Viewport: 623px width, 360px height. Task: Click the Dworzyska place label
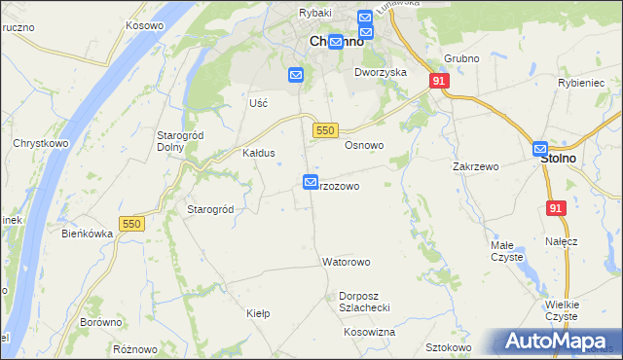pyautogui.click(x=381, y=73)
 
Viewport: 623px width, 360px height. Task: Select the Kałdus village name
pyautogui.click(x=259, y=154)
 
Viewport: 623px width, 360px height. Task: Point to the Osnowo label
pyautogui.click(x=365, y=145)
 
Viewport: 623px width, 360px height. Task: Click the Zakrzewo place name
pyautogui.click(x=476, y=166)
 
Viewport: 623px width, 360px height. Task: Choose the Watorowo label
pyautogui.click(x=347, y=263)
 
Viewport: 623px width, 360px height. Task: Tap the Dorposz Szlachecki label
pyautogui.click(x=364, y=302)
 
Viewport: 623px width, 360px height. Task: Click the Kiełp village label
pyautogui.click(x=258, y=313)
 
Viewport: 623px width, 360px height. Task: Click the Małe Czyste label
pyautogui.click(x=506, y=251)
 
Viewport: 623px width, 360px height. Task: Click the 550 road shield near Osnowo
pyautogui.click(x=326, y=130)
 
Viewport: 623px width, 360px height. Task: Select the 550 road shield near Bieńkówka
pyautogui.click(x=131, y=224)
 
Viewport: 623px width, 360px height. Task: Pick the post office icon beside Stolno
pyautogui.click(x=541, y=149)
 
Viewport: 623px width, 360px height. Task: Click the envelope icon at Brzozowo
pyautogui.click(x=311, y=182)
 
